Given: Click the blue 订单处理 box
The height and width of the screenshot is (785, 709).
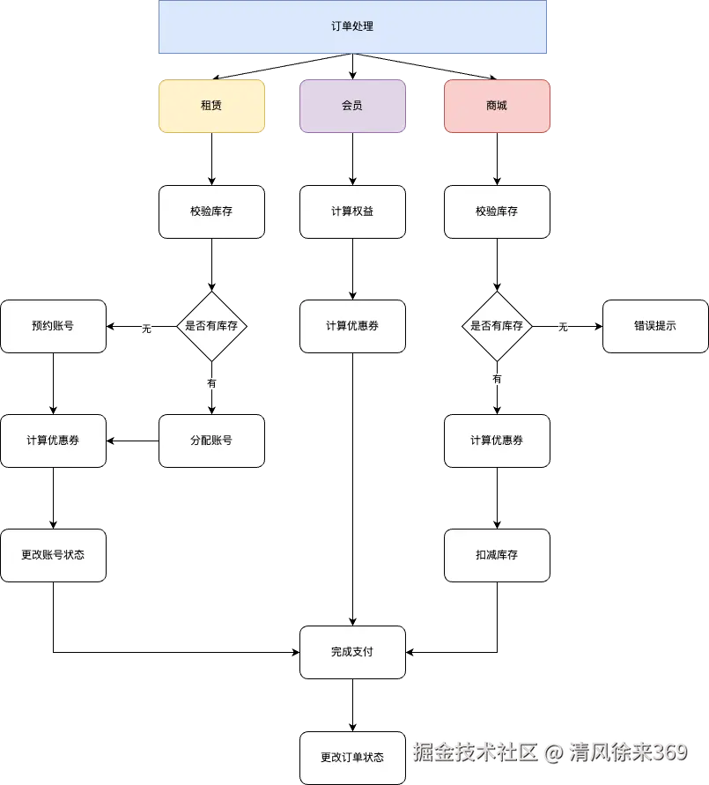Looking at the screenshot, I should tap(352, 26).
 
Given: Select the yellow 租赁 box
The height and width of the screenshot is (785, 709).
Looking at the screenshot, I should tap(211, 106).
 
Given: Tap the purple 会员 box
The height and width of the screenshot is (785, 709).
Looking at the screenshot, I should tap(352, 106).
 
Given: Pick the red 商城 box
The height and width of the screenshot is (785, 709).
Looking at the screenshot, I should tap(497, 106).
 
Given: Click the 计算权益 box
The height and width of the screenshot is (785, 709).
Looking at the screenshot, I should tap(352, 211).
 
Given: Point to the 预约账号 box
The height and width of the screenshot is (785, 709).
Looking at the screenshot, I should tap(53, 326).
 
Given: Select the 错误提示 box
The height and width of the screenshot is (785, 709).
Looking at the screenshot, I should tap(655, 326).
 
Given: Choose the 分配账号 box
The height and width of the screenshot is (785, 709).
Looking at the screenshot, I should tap(211, 441).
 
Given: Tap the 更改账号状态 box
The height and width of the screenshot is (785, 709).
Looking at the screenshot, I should tap(53, 555).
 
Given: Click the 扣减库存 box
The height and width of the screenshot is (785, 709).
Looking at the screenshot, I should tap(497, 555).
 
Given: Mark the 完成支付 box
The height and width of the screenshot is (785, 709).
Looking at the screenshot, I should tap(352, 652).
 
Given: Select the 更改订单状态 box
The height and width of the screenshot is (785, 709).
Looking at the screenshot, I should tap(352, 758).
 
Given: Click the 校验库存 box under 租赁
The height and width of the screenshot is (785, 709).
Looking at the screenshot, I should tap(211, 211).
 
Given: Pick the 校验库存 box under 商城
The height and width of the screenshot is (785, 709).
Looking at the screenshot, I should tap(497, 211).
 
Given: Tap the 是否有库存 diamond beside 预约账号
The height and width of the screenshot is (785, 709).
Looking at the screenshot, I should tap(211, 326).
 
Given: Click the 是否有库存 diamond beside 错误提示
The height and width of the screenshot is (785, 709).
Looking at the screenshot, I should tap(497, 326).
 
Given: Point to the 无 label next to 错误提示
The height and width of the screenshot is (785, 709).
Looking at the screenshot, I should tap(564, 328).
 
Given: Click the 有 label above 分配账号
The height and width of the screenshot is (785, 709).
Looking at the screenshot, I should tap(211, 384).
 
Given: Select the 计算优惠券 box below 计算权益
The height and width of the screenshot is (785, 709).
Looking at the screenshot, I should tap(352, 326).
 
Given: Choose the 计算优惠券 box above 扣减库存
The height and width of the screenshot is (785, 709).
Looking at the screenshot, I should tap(497, 441).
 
